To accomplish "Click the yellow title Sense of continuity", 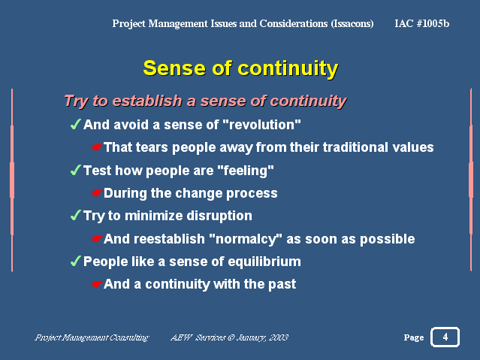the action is tap(240, 68).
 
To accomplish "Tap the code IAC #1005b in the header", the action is tap(422, 23).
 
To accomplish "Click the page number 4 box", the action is tap(445, 337).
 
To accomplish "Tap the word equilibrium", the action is tap(264, 262).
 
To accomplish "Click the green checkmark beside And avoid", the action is tap(76, 124).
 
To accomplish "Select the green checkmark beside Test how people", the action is tap(76, 170).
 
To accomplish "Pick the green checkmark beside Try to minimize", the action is tap(76, 215).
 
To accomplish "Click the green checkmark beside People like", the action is tap(76, 261).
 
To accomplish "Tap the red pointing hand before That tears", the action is tap(96, 147).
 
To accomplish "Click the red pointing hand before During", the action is tap(96, 193).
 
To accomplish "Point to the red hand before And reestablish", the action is tap(96, 239).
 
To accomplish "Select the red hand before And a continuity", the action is tap(96, 284).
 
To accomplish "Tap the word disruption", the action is tap(219, 216).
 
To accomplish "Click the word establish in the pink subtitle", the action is tap(147, 101).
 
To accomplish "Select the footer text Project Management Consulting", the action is tap(92, 337).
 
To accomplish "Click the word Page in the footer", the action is tap(414, 337).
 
